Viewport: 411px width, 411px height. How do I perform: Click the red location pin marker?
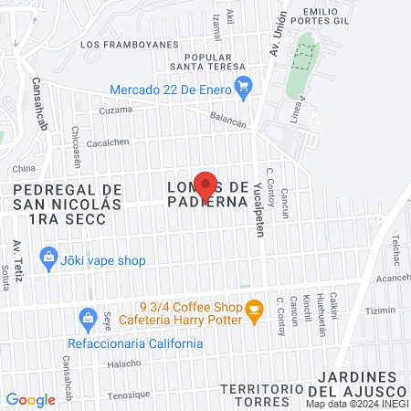point(205,184)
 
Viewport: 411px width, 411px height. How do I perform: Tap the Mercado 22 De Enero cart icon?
point(243,89)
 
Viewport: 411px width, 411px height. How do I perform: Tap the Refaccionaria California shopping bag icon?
point(88,318)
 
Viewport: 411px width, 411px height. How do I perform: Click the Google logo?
point(30,400)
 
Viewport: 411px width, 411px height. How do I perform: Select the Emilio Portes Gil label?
point(319,17)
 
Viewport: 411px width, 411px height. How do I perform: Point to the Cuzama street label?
point(115,110)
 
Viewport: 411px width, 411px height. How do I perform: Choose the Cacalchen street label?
point(108,142)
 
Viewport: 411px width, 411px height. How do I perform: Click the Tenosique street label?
point(127,395)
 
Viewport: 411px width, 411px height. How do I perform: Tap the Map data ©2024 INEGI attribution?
point(356,404)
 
